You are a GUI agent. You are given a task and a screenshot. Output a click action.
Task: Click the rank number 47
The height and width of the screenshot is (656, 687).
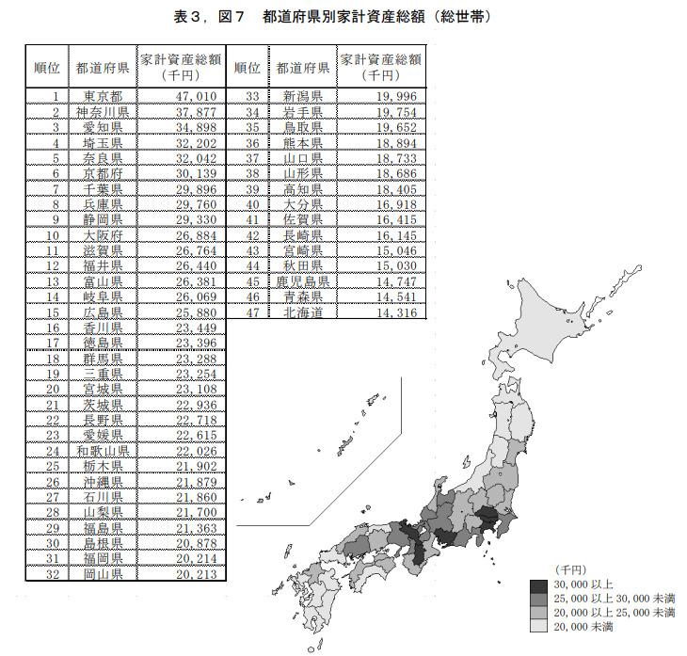(251, 312)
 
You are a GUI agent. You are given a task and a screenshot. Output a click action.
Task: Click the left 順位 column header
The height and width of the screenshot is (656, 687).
(46, 67)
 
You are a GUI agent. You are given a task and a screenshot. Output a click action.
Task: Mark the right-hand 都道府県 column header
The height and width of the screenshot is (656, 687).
(302, 67)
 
